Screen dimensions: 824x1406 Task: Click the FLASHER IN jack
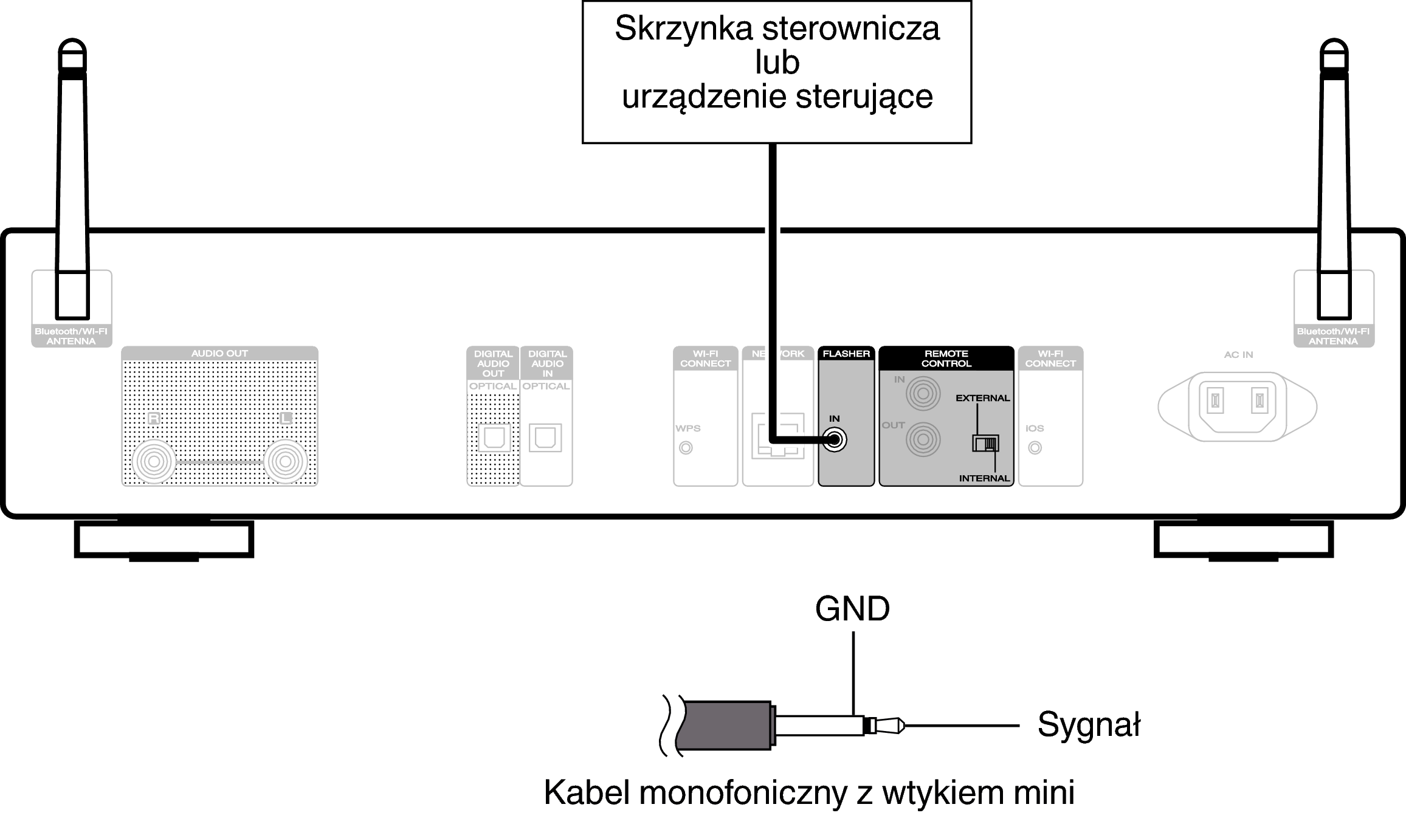pyautogui.click(x=835, y=440)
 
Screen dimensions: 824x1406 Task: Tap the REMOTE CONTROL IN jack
pyautogui.click(x=923, y=394)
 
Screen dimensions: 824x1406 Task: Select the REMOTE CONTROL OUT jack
pyautogui.click(x=923, y=439)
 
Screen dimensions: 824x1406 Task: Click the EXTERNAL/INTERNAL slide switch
pyautogui.click(x=985, y=443)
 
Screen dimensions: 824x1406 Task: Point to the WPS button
pyautogui.click(x=686, y=448)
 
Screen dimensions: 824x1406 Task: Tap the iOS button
pyautogui.click(x=1035, y=448)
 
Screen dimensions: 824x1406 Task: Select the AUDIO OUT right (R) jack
pyautogui.click(x=154, y=462)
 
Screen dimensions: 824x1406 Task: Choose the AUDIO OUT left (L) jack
pyautogui.click(x=285, y=462)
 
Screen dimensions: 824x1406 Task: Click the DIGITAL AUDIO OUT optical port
pyautogui.click(x=494, y=438)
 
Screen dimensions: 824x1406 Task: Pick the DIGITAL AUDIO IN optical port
pyautogui.click(x=545, y=438)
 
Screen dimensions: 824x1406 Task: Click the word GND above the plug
pyautogui.click(x=852, y=609)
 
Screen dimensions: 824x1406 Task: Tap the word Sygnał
pyautogui.click(x=1088, y=724)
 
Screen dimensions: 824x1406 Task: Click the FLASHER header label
pyautogui.click(x=846, y=354)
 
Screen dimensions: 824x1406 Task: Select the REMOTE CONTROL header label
pyautogui.click(x=946, y=359)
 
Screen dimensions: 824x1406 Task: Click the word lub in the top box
pyautogui.click(x=777, y=63)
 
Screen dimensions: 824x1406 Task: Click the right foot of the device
pyautogui.click(x=1243, y=540)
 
